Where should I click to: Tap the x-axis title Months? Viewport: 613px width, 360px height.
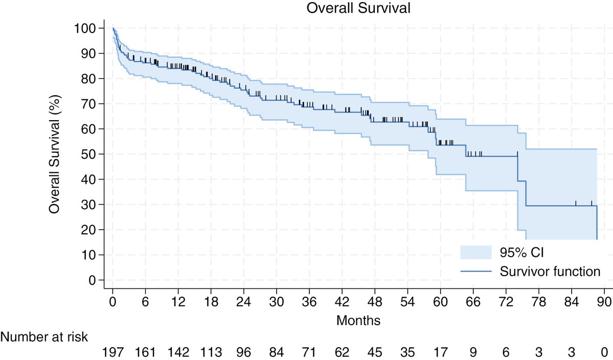coord(358,321)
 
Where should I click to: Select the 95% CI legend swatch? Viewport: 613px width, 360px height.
coord(476,252)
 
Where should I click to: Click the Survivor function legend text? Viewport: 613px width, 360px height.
coord(550,272)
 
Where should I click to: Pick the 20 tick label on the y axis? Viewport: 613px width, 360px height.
coord(90,230)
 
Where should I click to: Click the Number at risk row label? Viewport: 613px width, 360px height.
coord(44,337)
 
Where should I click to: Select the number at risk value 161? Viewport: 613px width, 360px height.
coord(146,352)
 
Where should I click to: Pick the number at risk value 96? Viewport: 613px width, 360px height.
coord(244,352)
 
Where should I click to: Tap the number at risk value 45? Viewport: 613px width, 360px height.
coord(375,352)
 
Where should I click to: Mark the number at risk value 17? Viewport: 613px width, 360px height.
coord(440,352)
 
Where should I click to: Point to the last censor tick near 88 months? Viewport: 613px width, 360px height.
coord(592,203)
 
